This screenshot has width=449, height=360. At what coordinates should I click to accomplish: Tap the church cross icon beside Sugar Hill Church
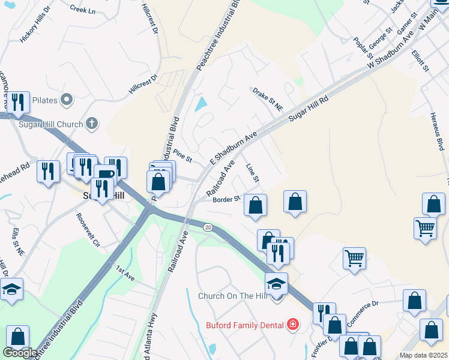click(x=91, y=124)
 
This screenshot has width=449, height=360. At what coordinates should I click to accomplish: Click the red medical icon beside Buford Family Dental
click(x=293, y=325)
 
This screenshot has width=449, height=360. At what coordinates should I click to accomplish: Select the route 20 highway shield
click(x=208, y=227)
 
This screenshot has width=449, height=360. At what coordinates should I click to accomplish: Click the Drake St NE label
click(x=267, y=100)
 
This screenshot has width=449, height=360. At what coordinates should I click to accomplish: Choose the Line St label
click(x=253, y=173)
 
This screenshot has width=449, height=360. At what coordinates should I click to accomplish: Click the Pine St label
click(x=182, y=155)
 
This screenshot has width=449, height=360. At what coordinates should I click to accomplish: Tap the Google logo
click(x=20, y=353)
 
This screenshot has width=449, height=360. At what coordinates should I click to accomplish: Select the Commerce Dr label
click(x=363, y=312)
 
